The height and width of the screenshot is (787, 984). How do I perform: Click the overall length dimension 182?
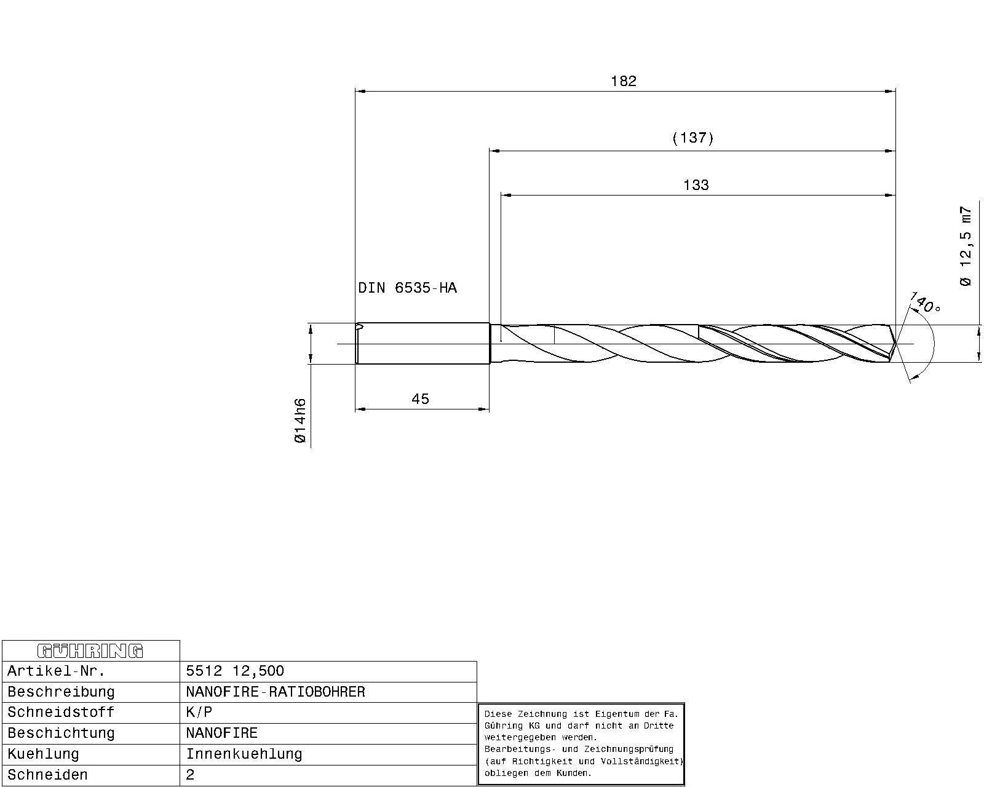tap(623, 81)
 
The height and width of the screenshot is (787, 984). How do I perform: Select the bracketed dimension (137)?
tap(692, 138)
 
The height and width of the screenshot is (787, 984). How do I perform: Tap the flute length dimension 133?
tap(696, 185)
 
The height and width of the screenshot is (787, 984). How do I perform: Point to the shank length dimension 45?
tap(420, 399)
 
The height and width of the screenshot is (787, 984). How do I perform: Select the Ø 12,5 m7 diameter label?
tap(966, 246)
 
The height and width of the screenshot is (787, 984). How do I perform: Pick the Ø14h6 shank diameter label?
tap(300, 421)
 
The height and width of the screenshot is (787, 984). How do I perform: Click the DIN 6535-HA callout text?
tap(407, 288)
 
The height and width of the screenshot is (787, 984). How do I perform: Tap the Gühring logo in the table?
tap(90, 651)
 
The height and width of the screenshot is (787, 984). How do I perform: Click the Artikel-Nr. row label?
tap(56, 671)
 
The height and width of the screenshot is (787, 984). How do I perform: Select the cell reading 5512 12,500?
tap(235, 671)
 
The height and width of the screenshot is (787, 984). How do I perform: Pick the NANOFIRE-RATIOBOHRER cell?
tap(276, 692)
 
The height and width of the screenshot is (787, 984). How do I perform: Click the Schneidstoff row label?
tap(61, 713)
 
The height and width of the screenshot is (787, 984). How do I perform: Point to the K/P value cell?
tap(199, 713)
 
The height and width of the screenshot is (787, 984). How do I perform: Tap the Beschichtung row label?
tap(61, 733)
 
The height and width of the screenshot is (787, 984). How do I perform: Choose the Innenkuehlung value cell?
tap(244, 754)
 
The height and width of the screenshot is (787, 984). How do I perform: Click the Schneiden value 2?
tap(190, 775)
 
